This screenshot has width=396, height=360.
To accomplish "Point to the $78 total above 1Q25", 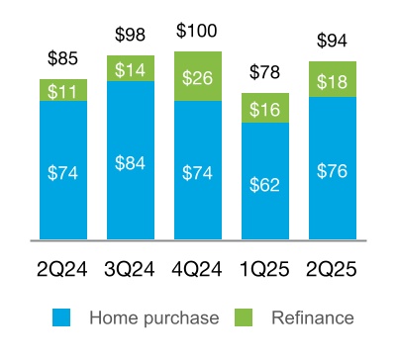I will [265, 74].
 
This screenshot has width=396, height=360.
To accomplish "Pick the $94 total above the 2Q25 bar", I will [333, 42].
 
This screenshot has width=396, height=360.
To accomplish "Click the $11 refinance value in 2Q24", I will [64, 90].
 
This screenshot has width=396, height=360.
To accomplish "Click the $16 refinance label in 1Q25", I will [265, 108].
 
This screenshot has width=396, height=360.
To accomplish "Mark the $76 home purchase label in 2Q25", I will [333, 170].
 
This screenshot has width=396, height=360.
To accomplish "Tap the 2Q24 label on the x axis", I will [64, 268].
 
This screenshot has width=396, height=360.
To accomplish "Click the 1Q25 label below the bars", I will [265, 268].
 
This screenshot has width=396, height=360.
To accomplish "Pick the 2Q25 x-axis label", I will [333, 268].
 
